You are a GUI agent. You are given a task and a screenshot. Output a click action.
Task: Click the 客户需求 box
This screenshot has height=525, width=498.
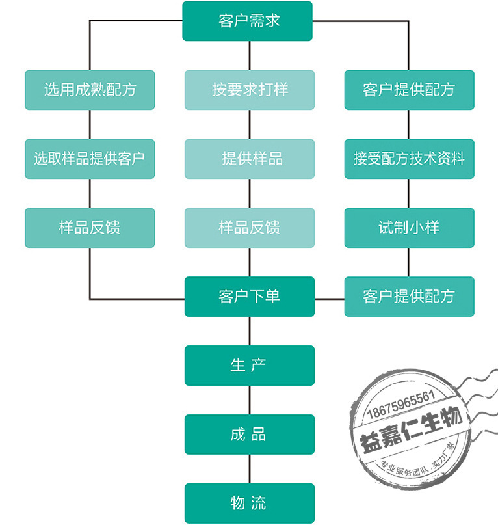click(x=247, y=21)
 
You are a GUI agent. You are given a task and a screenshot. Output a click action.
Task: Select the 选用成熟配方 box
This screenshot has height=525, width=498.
click(x=90, y=90)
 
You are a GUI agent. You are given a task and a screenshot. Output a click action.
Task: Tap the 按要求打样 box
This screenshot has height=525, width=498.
click(x=250, y=90)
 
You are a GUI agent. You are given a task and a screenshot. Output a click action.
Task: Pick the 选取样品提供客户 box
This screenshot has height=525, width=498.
click(x=90, y=159)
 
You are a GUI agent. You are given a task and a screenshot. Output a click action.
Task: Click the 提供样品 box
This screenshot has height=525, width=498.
click(x=250, y=159)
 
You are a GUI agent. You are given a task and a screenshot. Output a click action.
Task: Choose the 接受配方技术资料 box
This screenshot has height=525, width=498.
click(x=410, y=159)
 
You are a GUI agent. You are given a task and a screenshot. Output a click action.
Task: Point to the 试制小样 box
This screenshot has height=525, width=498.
click(x=410, y=228)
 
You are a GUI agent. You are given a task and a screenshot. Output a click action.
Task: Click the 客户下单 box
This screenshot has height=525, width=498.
click(x=250, y=297)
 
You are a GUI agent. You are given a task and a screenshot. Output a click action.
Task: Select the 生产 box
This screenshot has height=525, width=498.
click(x=250, y=366)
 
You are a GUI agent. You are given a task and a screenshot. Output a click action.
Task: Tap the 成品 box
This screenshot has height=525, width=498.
click(x=250, y=435)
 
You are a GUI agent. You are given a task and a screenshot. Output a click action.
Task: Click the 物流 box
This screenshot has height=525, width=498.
click(x=250, y=504)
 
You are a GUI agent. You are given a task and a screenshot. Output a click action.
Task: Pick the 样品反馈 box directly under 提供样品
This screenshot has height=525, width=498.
click(x=250, y=228)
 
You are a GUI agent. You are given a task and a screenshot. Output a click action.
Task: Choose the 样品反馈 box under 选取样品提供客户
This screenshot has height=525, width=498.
click(x=90, y=228)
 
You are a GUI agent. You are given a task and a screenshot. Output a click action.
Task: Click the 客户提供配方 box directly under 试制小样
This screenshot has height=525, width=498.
click(x=410, y=297)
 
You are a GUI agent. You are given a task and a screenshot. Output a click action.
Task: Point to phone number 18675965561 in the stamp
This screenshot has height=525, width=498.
click(x=401, y=405)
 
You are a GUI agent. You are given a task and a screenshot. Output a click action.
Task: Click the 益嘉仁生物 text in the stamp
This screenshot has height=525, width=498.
click(x=411, y=429)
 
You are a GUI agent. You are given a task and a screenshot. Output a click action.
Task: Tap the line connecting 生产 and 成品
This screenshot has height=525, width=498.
click(x=250, y=400)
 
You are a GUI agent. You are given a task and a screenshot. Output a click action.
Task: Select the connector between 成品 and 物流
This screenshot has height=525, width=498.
click(x=250, y=469)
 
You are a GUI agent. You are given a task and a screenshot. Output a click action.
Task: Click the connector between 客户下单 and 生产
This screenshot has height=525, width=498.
click(x=250, y=331)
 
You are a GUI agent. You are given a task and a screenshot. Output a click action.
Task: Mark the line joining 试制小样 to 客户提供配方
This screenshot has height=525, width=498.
click(x=409, y=262)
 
